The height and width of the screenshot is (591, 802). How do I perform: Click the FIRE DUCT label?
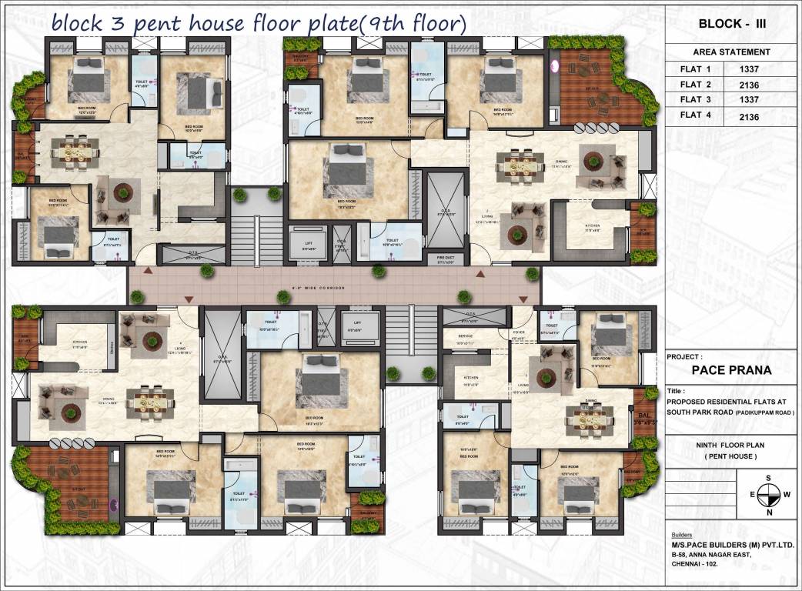(446, 258)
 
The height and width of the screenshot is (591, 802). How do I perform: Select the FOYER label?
(520, 333)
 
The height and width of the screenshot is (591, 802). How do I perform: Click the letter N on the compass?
(768, 511)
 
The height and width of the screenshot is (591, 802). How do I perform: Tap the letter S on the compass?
(768, 478)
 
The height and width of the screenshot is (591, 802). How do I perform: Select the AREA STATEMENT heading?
(731, 52)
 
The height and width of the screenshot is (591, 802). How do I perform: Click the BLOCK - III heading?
(731, 24)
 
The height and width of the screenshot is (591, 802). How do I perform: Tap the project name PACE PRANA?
(731, 369)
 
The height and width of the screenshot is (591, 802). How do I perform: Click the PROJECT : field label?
(686, 356)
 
